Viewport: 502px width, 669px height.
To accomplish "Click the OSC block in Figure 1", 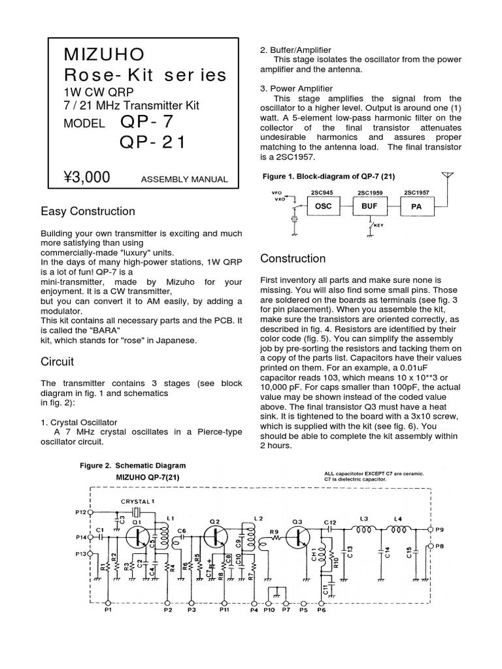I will [x=324, y=206].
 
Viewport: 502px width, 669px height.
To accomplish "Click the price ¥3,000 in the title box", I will [x=87, y=177].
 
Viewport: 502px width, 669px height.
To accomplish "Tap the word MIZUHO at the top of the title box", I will [x=104, y=54].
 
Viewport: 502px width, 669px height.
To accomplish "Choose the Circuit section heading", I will [x=58, y=361].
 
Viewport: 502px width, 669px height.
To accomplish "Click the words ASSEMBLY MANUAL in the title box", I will [x=184, y=180].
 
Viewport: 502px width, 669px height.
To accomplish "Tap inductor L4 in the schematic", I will [x=397, y=527].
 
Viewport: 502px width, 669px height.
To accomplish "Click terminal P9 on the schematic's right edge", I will [x=429, y=528].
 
